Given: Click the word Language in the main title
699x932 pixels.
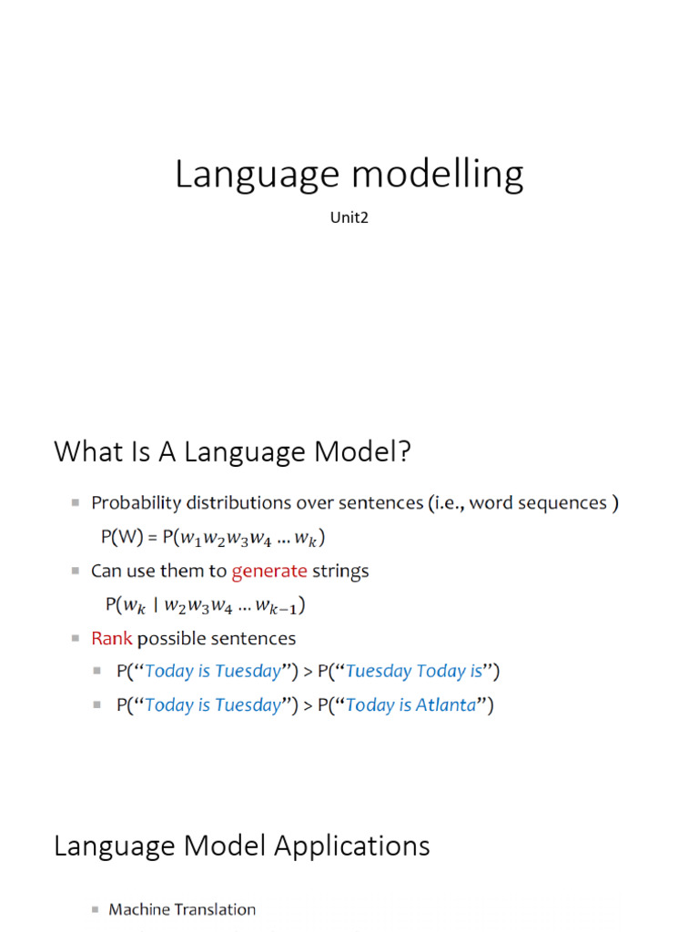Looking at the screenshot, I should [x=238, y=174].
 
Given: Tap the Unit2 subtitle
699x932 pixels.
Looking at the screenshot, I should [x=349, y=218].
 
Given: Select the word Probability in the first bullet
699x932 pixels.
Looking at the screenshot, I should [x=137, y=503].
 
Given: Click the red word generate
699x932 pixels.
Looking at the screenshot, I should [x=269, y=572].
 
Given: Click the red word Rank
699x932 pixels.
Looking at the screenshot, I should [x=112, y=639].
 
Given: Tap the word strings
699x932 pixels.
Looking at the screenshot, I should [x=340, y=572].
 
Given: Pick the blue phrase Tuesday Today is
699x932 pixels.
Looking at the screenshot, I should [x=415, y=672].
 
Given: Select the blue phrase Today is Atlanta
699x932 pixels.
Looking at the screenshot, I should [x=411, y=705].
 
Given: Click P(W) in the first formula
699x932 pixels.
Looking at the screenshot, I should [x=120, y=538].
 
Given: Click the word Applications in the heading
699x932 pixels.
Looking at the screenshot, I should [x=349, y=846].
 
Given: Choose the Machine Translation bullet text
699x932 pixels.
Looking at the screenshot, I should [x=182, y=909].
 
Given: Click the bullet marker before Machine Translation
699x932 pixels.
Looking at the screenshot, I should [x=96, y=909].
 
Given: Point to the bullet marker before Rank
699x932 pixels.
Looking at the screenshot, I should [x=76, y=639].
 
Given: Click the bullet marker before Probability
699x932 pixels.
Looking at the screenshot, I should [x=76, y=503].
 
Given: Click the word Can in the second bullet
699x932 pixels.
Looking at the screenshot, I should [x=106, y=572].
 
